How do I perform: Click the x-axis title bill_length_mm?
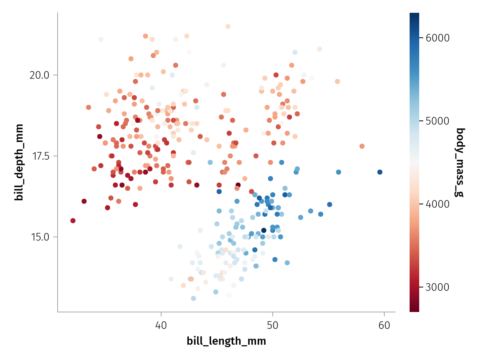(x=226, y=341)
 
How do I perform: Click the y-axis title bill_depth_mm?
(x=19, y=162)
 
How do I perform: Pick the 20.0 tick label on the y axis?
(x=39, y=75)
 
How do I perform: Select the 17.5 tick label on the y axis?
(x=39, y=156)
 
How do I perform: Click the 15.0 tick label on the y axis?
(x=39, y=237)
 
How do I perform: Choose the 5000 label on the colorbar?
(x=438, y=121)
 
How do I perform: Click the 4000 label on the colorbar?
(x=438, y=204)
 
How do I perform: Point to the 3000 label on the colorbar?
(x=438, y=287)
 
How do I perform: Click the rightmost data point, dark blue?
(x=380, y=172)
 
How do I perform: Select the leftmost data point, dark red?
(x=73, y=220)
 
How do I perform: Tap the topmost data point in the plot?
(x=228, y=26)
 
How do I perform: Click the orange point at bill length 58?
(x=362, y=146)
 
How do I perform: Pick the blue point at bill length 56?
(x=338, y=172)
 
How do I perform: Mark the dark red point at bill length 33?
(x=84, y=201)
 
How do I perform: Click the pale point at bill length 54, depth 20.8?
(x=320, y=49)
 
